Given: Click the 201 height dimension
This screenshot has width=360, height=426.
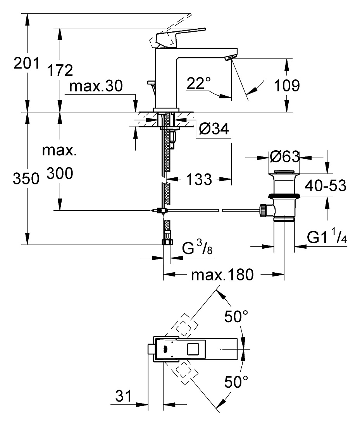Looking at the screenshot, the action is pos(26,63).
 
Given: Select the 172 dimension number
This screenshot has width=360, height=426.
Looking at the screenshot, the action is pos(60,70).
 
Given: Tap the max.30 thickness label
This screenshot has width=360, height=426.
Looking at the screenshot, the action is pos(96,86).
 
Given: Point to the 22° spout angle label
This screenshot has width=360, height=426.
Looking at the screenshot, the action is pos(199,83).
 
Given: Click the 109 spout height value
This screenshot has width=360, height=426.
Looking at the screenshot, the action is pos(287,86).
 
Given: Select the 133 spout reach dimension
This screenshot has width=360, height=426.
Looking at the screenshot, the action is pos(199,179).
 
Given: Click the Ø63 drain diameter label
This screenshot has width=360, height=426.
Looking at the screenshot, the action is pos(285,156).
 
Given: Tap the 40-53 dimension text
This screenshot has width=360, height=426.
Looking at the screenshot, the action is pos(326,186).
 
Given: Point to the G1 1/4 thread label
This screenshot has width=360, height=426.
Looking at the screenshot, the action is pos(327,237).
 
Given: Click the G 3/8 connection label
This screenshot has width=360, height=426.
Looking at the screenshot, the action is pos(197,247).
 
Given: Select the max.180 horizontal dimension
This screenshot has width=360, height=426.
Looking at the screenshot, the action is pos(222,275).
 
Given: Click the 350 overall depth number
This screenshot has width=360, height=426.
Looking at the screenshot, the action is pos(26,179).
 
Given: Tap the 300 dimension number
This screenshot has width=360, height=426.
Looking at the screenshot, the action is pos(60,173).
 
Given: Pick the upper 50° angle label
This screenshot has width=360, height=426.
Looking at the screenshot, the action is pos(236,316).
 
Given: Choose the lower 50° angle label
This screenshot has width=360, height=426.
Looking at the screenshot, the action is pos(236,382).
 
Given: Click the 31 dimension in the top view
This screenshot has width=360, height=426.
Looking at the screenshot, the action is pos(124,396).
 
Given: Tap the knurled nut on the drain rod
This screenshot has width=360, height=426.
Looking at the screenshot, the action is pos(263,210).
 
